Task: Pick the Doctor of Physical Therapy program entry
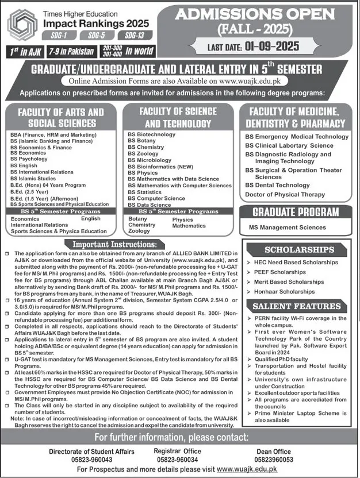click(285, 195)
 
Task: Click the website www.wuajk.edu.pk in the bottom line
click(248, 471)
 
